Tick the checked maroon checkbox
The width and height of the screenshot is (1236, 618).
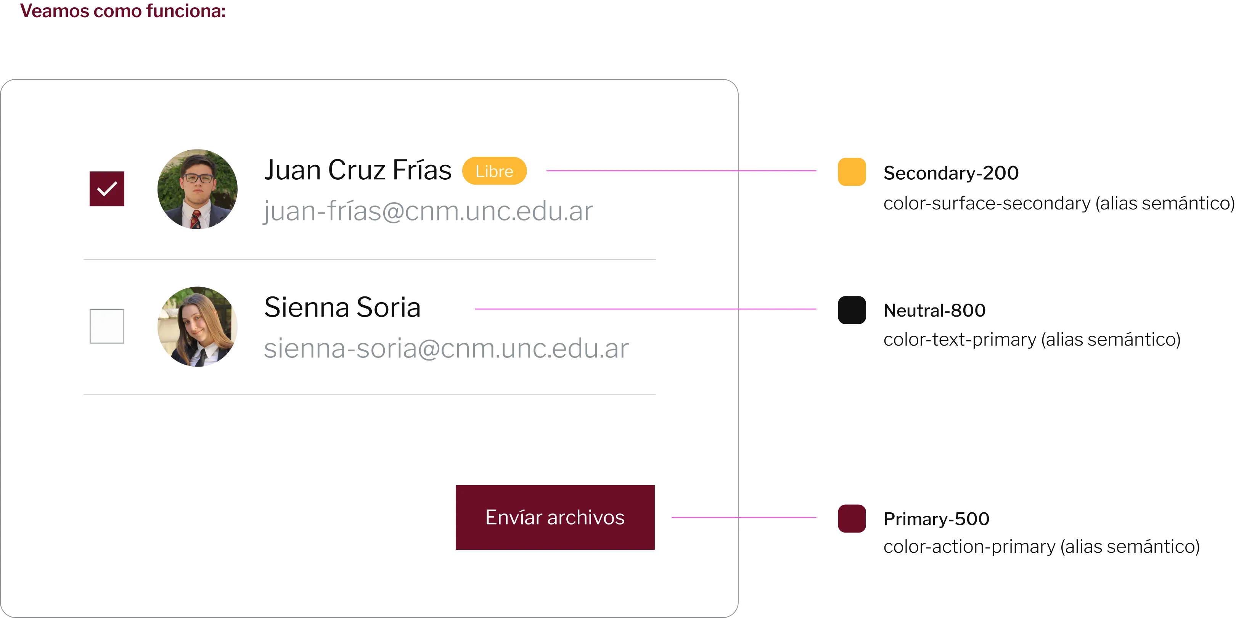pyautogui.click(x=106, y=189)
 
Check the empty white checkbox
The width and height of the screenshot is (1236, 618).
pyautogui.click(x=106, y=326)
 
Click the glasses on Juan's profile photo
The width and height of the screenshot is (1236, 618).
pyautogui.click(x=199, y=178)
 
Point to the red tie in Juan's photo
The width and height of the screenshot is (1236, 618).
pyautogui.click(x=196, y=220)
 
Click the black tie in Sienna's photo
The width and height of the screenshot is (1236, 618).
pyautogui.click(x=201, y=357)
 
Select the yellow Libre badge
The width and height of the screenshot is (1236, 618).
pyautogui.click(x=494, y=171)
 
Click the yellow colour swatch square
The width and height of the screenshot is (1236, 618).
pyautogui.click(x=851, y=171)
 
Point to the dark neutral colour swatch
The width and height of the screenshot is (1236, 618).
pyautogui.click(x=851, y=311)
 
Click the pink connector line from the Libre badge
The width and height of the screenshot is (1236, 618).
pyautogui.click(x=681, y=171)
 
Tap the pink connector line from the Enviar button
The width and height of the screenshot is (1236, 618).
pyautogui.click(x=744, y=517)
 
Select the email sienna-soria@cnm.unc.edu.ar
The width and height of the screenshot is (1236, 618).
pyautogui.click(x=446, y=349)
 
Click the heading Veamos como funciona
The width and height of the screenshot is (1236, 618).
pyautogui.click(x=122, y=11)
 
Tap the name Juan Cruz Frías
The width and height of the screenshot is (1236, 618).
pyautogui.click(x=357, y=171)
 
